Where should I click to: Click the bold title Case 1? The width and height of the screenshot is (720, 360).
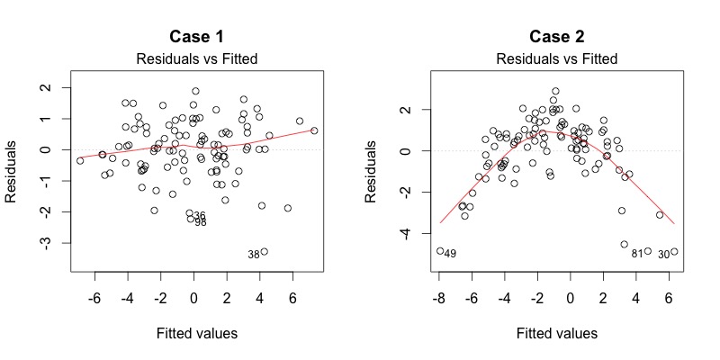(196, 38)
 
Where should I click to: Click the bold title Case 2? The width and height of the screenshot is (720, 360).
(555, 38)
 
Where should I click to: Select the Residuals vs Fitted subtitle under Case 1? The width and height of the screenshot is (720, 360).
(196, 59)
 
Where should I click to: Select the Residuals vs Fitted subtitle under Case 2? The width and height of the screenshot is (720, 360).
(555, 59)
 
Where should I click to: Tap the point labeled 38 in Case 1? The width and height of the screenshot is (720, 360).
(265, 252)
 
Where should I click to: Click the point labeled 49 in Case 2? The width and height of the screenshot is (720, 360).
(440, 251)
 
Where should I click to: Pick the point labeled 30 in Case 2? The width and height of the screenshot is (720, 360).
(674, 252)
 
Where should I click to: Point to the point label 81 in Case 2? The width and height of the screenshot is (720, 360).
(636, 254)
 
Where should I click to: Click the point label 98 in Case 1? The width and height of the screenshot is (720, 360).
(200, 222)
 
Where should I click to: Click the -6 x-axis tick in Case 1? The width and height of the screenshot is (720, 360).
(94, 298)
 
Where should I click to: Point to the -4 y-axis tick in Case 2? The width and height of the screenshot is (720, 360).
(403, 233)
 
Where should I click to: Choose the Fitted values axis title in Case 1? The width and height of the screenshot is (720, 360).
(196, 334)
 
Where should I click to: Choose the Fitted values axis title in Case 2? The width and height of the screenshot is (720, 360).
(555, 334)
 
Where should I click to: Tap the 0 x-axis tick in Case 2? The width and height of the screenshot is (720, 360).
(571, 298)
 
